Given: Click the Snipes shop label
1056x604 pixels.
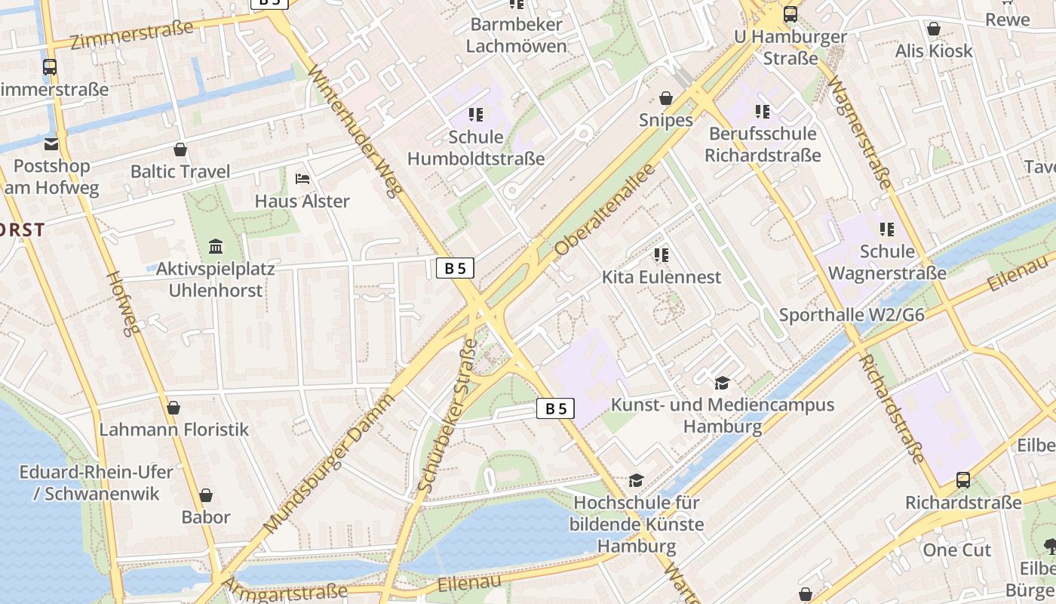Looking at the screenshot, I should pos(665,120).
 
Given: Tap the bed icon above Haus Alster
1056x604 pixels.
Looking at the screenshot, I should pos(302,179).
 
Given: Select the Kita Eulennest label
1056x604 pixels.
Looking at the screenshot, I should pos(661,277).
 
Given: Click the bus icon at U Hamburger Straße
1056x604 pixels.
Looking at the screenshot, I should pos(790,14).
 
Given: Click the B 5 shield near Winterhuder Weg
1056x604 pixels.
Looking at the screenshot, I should pos(455,267).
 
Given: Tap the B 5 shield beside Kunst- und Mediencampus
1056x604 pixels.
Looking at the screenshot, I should pos(555,408).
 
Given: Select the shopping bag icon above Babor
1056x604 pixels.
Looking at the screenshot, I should pos(205,495).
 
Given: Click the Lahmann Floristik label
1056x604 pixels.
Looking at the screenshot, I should pos(173,430).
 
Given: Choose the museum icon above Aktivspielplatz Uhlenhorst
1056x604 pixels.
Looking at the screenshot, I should pos(216,246).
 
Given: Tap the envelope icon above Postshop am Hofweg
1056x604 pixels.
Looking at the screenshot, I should pos(51,143).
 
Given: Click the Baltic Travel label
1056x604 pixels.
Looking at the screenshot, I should pos(180,171).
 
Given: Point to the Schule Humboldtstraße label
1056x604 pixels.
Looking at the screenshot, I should pos(475,148).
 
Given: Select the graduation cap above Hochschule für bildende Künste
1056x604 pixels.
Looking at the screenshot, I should pos(636,481).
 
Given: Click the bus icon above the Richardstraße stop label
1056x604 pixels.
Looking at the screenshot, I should pos(962,479).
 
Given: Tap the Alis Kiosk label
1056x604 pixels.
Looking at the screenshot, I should pos(933,51).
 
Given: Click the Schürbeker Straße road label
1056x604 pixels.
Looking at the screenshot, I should pos(447,417).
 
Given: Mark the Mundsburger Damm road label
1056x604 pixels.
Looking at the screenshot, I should pos(330,464).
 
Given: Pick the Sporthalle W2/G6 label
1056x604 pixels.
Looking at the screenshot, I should pos(851,315).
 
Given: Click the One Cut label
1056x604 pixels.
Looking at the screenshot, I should pos(956,550).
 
